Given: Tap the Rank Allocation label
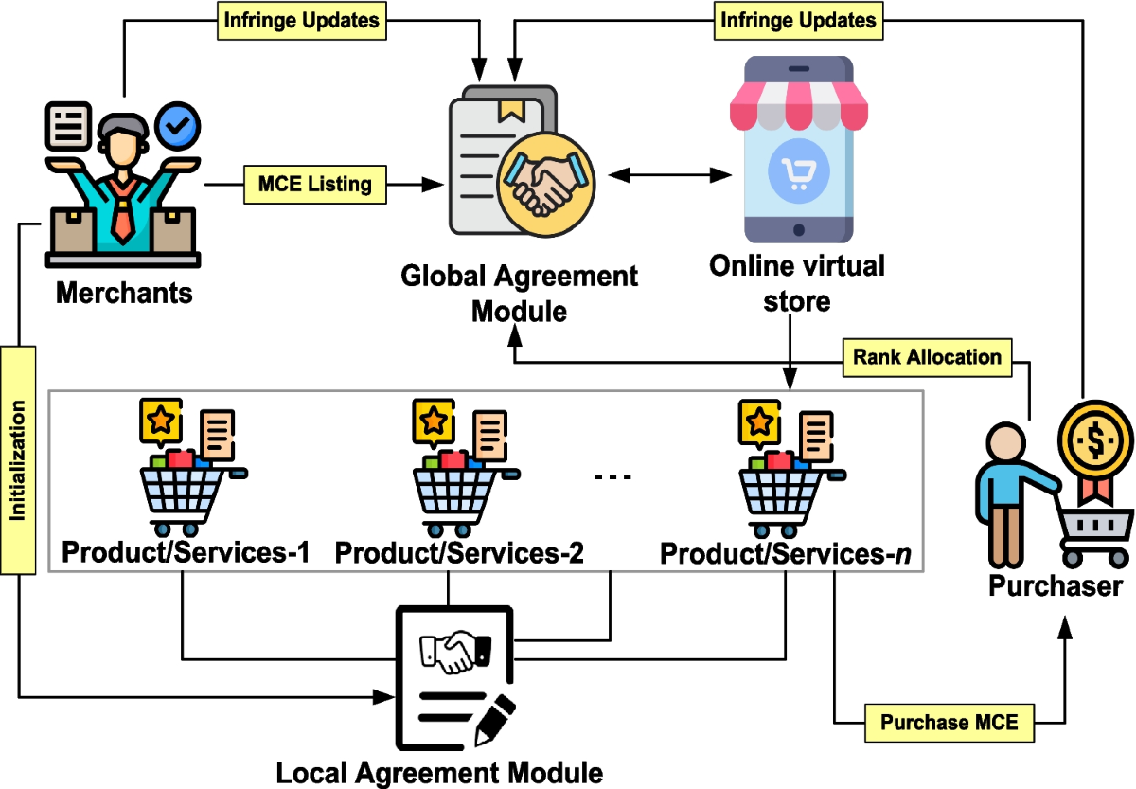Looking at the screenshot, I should tap(927, 357).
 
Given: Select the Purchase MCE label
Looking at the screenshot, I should tap(949, 723).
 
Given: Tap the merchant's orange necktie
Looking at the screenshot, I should tap(122, 213).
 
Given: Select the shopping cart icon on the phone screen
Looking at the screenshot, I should tap(792, 171).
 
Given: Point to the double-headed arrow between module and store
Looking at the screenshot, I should tap(671, 175).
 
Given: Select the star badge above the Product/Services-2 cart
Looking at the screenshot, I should tap(432, 420).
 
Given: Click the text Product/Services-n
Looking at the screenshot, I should tap(785, 553).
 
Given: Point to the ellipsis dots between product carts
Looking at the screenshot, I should tap(612, 476).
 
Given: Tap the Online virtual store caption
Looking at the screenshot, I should tap(797, 283).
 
